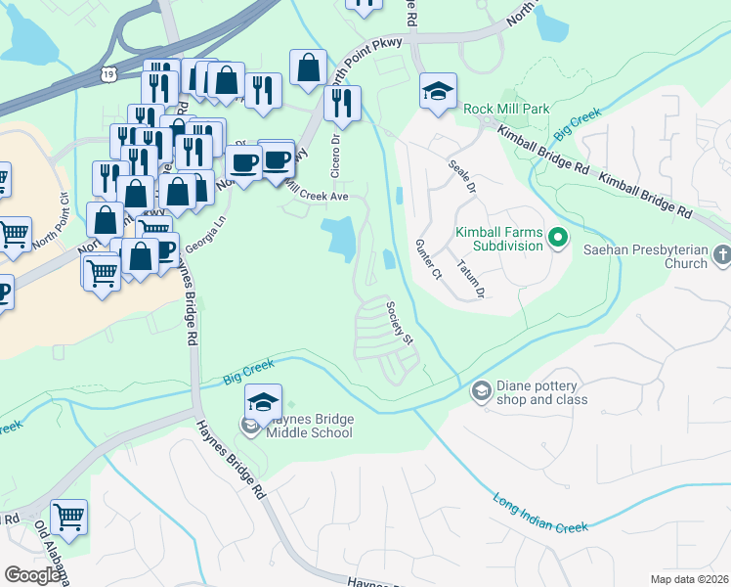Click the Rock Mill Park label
coord(507,109)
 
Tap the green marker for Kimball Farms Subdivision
coord(559,237)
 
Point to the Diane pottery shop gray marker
coord(481,392)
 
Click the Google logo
coord(32,575)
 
